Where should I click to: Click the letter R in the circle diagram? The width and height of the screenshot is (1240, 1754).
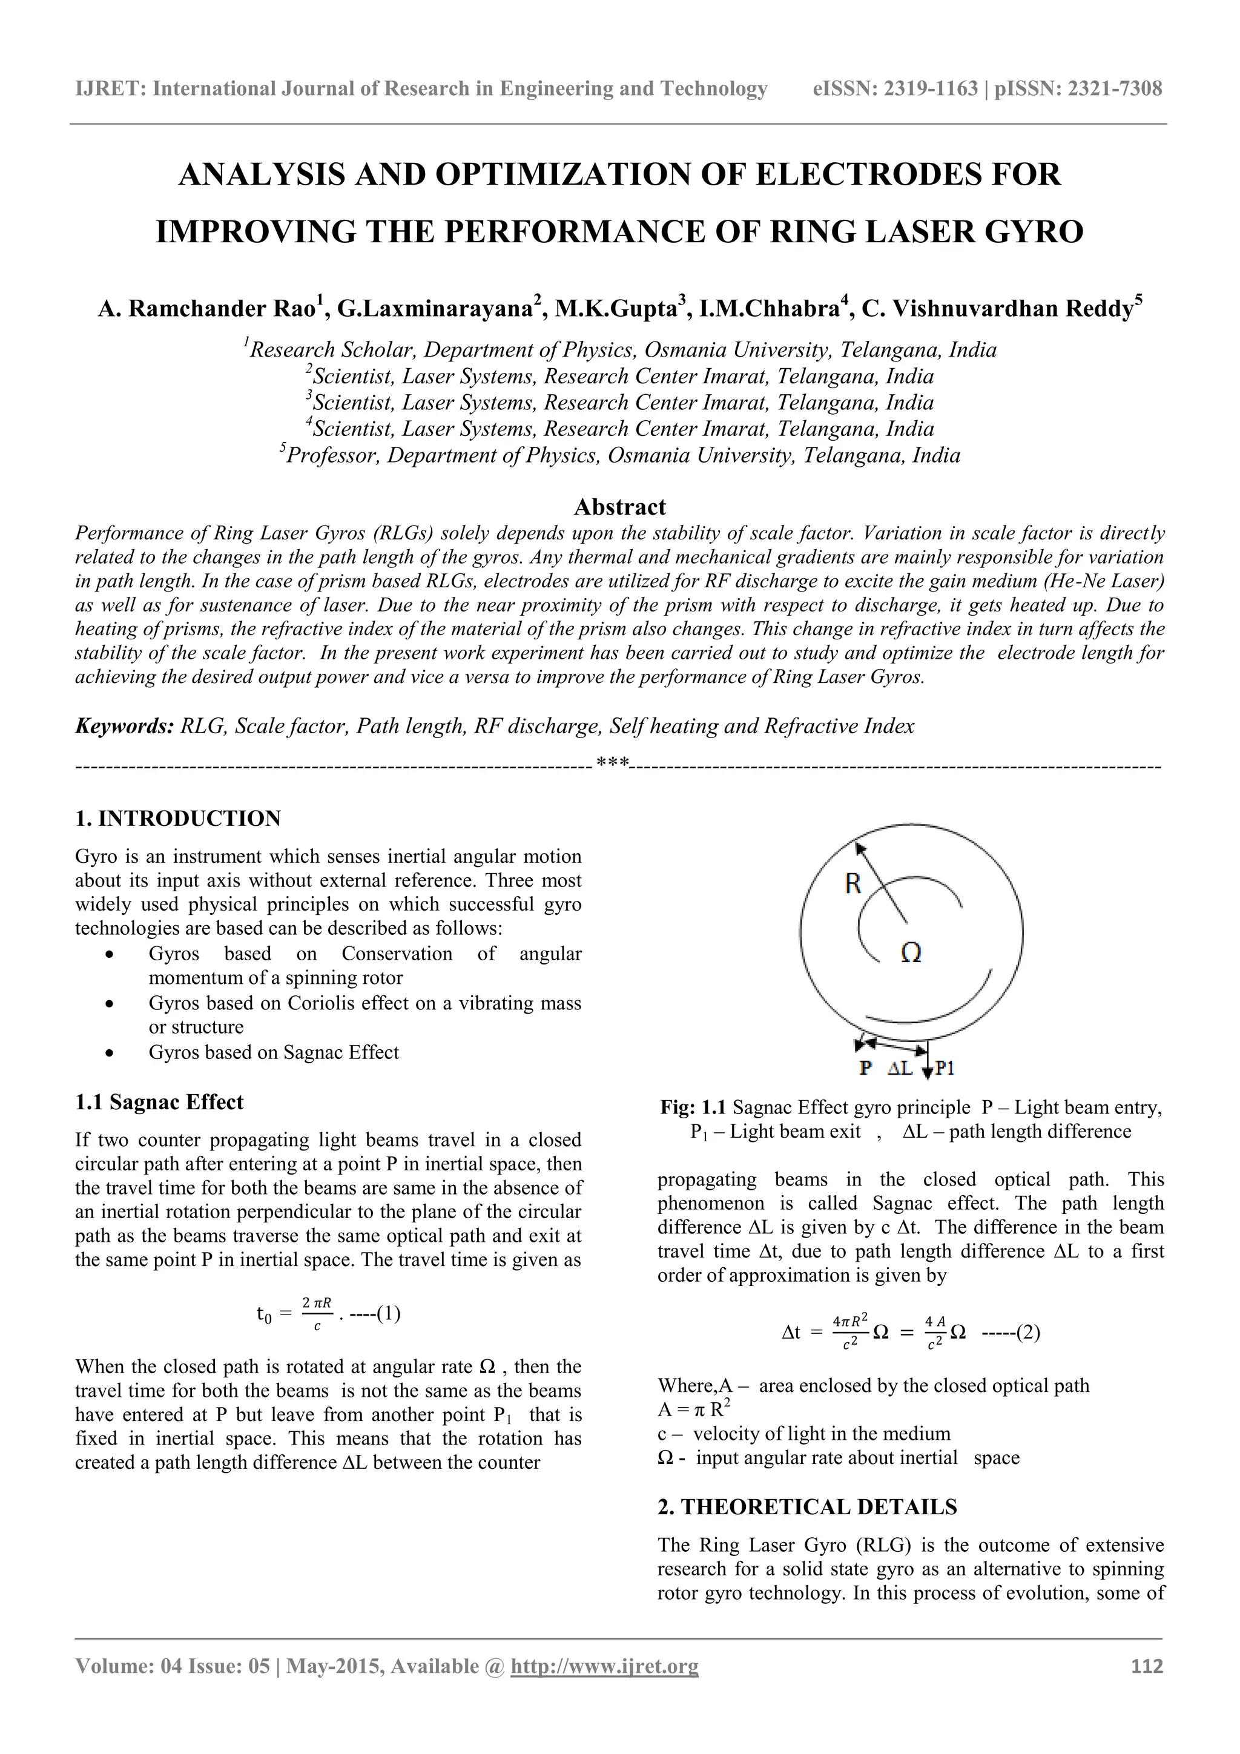coord(852,884)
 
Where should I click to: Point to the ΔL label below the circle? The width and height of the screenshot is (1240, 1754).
coord(900,1069)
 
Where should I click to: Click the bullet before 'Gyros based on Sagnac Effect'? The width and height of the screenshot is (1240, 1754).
coord(111,1053)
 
